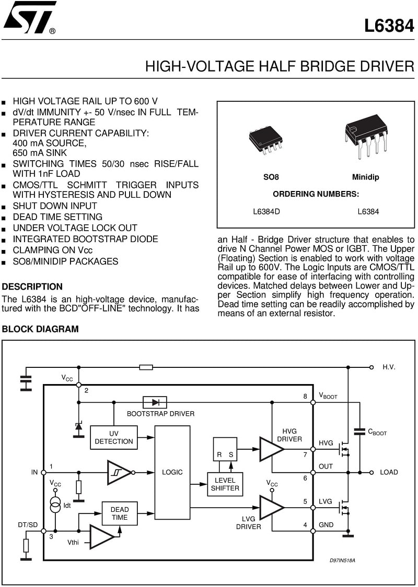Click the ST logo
[x=29, y=17]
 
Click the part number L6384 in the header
[x=389, y=26]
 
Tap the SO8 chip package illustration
[x=265, y=140]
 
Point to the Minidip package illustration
[x=366, y=137]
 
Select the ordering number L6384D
[x=266, y=211]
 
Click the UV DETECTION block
[x=114, y=437]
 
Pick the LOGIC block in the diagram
[x=172, y=472]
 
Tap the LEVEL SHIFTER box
[x=225, y=484]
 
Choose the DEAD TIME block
[x=120, y=513]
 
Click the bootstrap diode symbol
[x=155, y=402]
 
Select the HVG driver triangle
[x=272, y=449]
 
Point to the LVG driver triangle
[x=272, y=508]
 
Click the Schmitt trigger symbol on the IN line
[x=119, y=472]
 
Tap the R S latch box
[x=225, y=449]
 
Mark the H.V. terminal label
[x=389, y=367]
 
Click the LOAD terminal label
[x=389, y=472]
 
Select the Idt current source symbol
[x=55, y=505]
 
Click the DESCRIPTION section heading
[x=32, y=287]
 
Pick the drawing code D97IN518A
[x=342, y=560]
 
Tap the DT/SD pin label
[x=28, y=525]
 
